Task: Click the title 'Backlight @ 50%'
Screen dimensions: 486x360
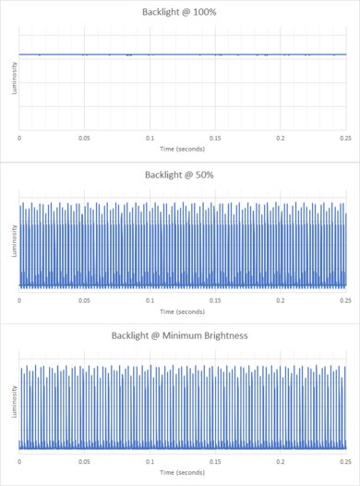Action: click(180, 175)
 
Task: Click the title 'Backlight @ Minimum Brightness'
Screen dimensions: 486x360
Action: click(180, 335)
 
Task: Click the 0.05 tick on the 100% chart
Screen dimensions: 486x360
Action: click(85, 138)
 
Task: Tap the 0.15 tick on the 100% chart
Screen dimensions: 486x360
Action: click(215, 138)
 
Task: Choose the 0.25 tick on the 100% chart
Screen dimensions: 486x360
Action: click(345, 138)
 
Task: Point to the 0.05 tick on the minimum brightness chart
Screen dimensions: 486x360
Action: click(85, 460)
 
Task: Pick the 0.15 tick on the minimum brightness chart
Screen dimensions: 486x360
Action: click(215, 460)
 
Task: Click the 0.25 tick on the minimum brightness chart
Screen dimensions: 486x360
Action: click(345, 460)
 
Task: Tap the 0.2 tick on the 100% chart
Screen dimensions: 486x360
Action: click(280, 138)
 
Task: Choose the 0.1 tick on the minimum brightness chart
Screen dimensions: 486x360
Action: click(150, 460)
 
